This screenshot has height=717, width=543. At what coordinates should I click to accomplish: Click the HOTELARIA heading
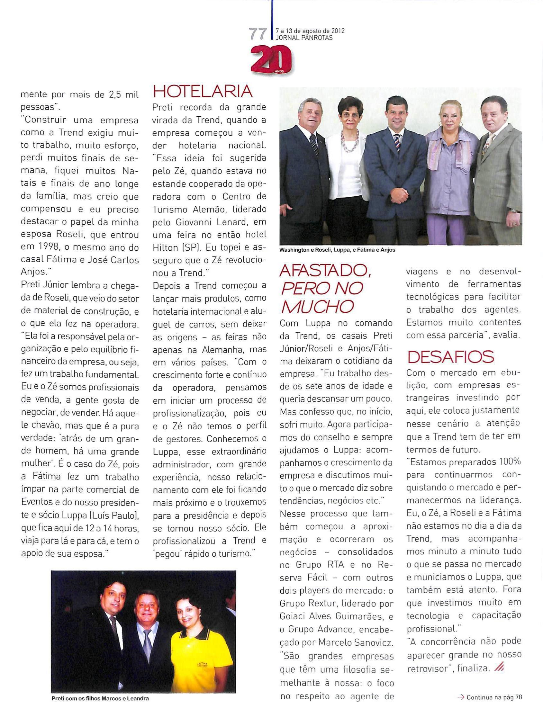202,91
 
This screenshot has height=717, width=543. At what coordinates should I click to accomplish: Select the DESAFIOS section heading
450,357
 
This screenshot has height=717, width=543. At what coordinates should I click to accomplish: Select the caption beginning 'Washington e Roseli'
338,250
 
